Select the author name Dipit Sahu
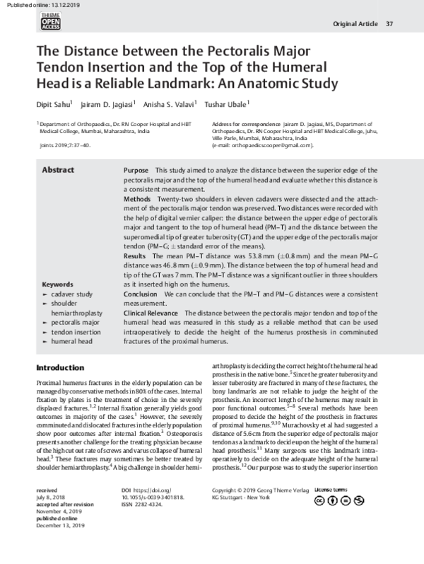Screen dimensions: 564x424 pos(51,105)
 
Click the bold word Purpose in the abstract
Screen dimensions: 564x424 pos(136,171)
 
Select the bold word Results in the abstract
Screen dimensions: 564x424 pos(135,253)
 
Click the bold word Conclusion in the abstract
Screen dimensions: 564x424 pos(141,292)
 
